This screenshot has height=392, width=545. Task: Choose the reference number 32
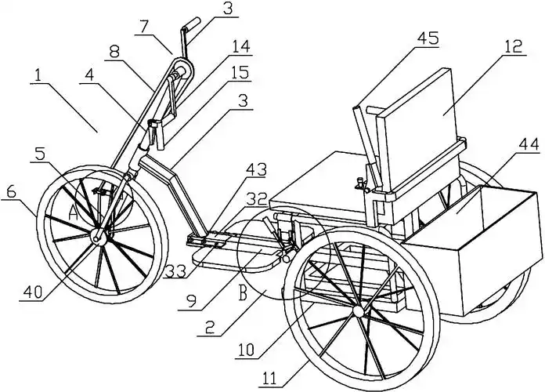click(258, 200)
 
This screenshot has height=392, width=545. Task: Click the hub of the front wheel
click(99, 238)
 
